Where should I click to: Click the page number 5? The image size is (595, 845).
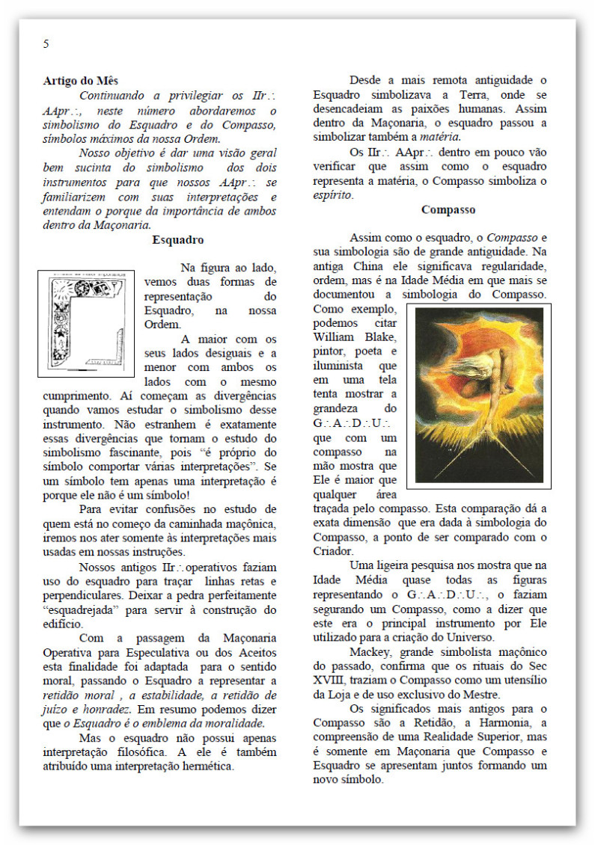[x=46, y=43]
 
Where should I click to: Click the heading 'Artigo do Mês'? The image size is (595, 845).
[x=80, y=81]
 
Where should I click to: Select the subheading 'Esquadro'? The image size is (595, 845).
[x=178, y=240]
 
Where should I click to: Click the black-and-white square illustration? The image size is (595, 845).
[x=86, y=323]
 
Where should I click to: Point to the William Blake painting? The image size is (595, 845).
[x=480, y=395]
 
